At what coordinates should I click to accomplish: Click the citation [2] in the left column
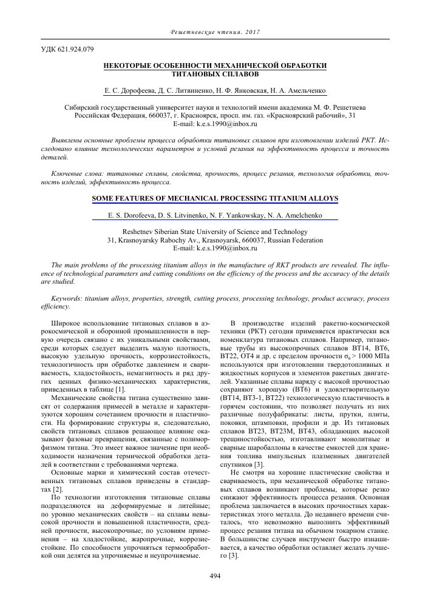[58, 471]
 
